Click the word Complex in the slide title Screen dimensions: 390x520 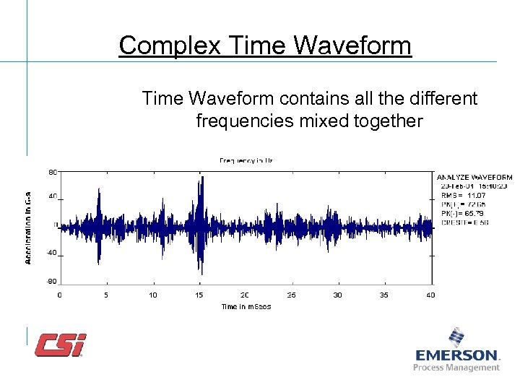161,45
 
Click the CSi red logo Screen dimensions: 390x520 61,344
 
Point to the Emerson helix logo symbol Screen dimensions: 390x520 456,338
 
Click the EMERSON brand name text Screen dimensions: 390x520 457,355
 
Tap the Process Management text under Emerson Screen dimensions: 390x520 456,368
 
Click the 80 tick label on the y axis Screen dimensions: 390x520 53,172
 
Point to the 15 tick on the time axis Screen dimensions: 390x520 199,295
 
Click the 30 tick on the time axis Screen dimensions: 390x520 338,295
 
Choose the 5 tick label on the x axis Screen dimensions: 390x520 106,295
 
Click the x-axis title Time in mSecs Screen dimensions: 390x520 246,307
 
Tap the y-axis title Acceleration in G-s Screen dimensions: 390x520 28,226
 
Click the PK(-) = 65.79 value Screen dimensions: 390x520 465,214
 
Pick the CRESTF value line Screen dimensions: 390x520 465,222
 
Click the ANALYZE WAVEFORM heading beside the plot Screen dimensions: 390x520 474,177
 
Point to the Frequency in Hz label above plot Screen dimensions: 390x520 246,160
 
